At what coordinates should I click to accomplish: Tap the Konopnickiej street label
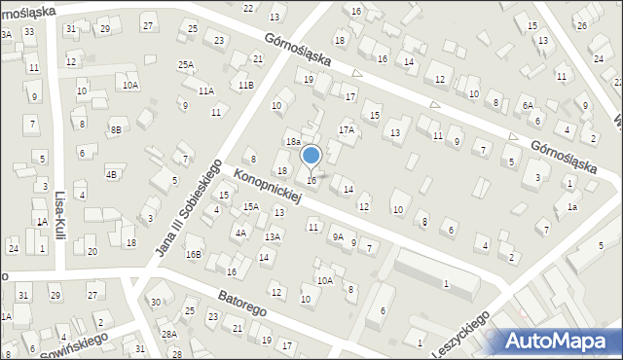(x=269, y=185)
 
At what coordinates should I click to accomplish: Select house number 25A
(x=185, y=64)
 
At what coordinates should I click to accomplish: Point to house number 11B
(x=246, y=86)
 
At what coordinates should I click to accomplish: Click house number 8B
(x=116, y=129)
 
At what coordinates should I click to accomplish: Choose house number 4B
(x=112, y=174)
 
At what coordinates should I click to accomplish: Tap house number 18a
(x=292, y=142)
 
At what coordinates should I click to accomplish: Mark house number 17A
(x=346, y=129)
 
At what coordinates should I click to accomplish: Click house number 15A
(x=250, y=206)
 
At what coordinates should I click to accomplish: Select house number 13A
(x=274, y=236)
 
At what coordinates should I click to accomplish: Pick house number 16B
(x=194, y=255)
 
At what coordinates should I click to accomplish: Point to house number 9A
(x=338, y=236)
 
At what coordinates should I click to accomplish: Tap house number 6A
(x=528, y=105)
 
